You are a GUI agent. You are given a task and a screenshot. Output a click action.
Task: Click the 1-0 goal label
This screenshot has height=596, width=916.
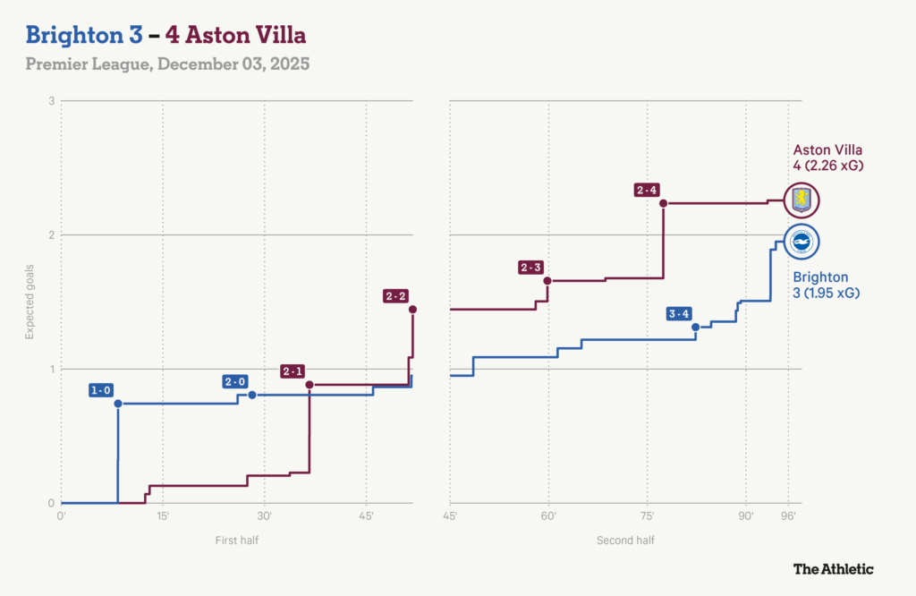101,390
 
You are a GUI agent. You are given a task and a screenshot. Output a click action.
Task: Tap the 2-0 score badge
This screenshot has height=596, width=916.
235,382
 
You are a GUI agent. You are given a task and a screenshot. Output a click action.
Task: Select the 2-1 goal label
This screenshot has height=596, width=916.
293,371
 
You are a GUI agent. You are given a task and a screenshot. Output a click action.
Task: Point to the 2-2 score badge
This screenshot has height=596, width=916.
395,296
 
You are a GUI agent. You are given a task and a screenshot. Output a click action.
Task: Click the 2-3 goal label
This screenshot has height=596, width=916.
530,267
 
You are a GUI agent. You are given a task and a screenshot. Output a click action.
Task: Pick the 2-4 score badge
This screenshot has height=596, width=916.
647,190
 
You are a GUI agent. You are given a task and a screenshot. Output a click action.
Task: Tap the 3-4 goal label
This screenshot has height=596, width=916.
679,313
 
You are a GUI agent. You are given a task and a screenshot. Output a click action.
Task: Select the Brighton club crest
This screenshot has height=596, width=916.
801,241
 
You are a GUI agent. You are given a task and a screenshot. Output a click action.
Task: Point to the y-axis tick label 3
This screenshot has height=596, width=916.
52,101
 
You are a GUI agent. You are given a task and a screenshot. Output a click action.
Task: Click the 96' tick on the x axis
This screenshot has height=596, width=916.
788,516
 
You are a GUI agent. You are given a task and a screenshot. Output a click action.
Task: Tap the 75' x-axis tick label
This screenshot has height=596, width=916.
647,516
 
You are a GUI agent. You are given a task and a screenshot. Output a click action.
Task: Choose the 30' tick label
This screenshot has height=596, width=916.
265,516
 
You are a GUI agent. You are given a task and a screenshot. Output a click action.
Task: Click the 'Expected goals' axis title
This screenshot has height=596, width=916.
30,302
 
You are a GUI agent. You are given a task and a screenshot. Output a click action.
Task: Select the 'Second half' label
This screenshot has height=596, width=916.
619,541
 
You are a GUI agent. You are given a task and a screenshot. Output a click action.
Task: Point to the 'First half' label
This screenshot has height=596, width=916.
237,541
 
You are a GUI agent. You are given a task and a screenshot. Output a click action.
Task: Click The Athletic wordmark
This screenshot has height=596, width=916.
833,568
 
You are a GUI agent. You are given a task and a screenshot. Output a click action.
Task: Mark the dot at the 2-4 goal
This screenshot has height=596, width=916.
664,203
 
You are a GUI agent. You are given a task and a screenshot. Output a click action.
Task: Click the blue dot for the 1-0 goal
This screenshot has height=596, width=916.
118,404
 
